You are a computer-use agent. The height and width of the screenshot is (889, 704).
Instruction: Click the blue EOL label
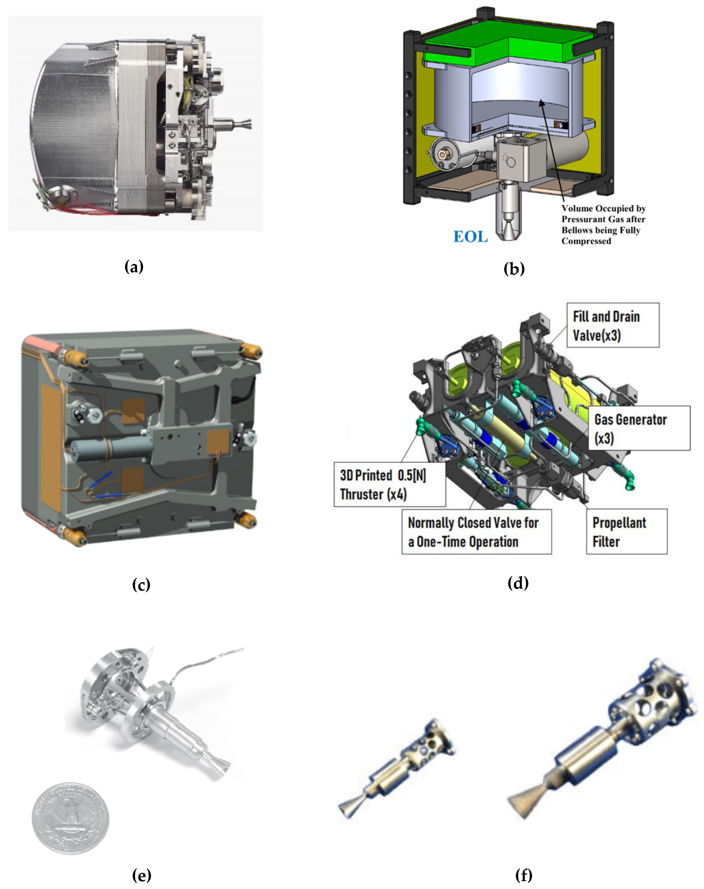click(x=470, y=237)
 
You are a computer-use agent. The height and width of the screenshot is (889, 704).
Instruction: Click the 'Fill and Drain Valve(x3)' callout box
click(x=613, y=325)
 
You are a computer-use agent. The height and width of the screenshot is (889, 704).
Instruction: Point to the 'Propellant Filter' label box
click(x=626, y=532)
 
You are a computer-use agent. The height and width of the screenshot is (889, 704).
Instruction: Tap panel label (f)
click(x=524, y=875)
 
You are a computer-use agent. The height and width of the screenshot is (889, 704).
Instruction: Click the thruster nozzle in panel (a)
click(x=243, y=123)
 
